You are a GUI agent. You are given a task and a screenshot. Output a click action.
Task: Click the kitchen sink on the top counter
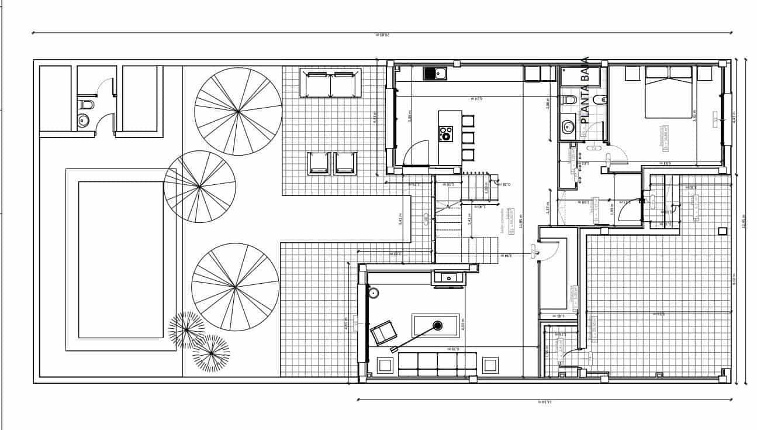(434, 74)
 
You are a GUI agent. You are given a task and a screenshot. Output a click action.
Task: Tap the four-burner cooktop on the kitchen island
(445, 134)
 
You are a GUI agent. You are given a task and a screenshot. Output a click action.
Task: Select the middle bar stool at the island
(468, 138)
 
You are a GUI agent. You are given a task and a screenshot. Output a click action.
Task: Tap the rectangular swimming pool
(121, 259)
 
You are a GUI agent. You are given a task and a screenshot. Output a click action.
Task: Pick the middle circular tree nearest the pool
(200, 187)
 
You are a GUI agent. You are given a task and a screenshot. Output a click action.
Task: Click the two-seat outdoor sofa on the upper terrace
(330, 84)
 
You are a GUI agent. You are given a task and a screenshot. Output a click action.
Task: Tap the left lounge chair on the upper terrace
(319, 163)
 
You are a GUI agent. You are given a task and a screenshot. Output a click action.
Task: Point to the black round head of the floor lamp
(437, 325)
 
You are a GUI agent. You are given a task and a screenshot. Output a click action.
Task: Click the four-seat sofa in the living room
(437, 363)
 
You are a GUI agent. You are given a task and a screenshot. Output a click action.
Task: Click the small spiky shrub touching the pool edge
(186, 329)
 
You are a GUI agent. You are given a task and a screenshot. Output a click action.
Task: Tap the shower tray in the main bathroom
(579, 75)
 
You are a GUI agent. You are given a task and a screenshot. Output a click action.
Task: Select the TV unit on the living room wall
(449, 278)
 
